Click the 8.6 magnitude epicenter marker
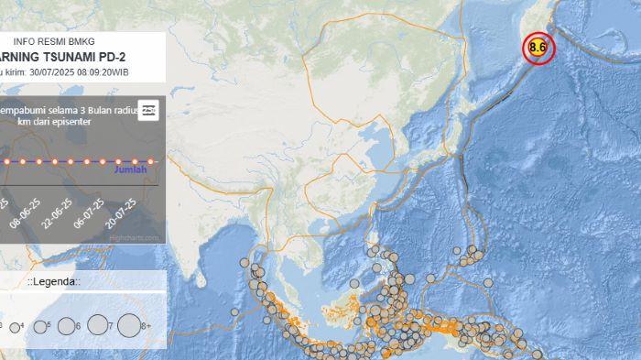[x=538, y=48]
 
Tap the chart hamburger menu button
[x=148, y=109]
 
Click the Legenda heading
[x=53, y=281]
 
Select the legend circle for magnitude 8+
[x=129, y=324]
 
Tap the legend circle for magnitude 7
[x=97, y=324]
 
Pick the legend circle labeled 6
[x=66, y=325]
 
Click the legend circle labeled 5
[x=38, y=326]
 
